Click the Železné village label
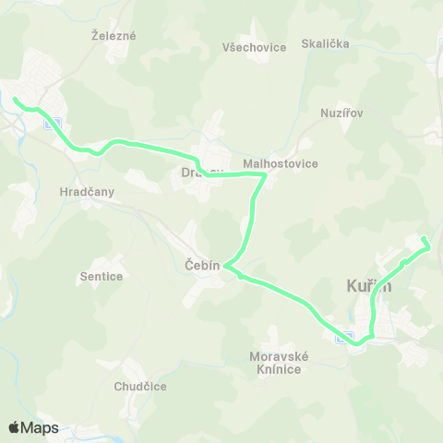click(114, 36)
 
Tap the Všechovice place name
click(255, 47)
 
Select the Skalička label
click(326, 43)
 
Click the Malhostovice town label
click(280, 163)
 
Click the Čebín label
click(203, 265)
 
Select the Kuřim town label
click(368, 286)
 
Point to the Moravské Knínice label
click(275, 363)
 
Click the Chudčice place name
click(140, 386)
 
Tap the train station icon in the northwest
click(53, 124)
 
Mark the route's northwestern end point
click(15, 98)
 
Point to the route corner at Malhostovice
click(266, 174)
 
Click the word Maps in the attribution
click(41, 427)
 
